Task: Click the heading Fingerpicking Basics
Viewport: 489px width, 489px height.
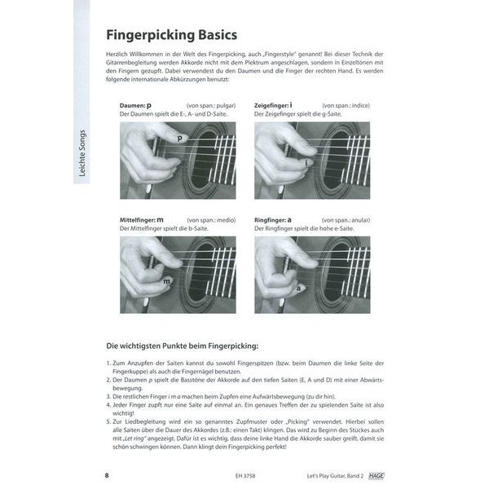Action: [x=171, y=36]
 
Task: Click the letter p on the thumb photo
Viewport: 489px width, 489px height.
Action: [x=180, y=139]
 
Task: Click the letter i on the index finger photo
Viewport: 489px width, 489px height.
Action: [x=306, y=163]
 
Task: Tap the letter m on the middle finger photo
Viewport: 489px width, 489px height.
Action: [x=165, y=281]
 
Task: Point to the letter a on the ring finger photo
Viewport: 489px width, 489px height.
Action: [x=299, y=287]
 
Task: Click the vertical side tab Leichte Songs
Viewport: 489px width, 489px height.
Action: [x=83, y=154]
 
